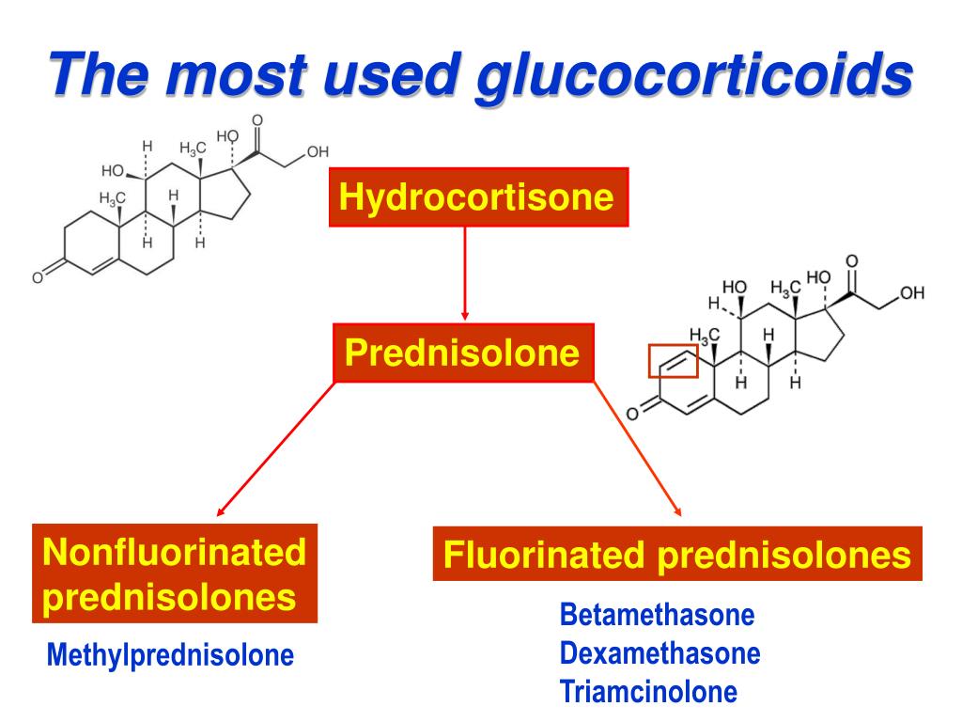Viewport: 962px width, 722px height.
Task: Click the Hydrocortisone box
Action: click(477, 197)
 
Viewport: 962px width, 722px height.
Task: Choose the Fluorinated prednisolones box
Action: click(677, 554)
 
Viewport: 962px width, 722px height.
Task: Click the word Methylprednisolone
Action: click(170, 654)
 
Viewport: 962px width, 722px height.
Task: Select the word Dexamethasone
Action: click(659, 653)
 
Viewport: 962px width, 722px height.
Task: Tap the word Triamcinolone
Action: click(648, 692)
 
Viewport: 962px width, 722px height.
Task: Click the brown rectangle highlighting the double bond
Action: click(673, 360)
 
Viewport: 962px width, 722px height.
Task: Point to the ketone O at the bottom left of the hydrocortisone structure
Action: click(38, 276)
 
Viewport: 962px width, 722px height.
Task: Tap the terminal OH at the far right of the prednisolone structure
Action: click(911, 294)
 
